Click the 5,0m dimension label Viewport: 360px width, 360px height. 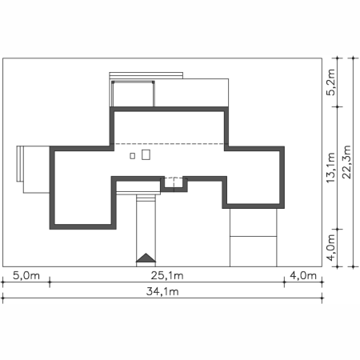(26, 275)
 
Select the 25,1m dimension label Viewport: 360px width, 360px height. (167, 275)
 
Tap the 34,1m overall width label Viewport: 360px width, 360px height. (162, 291)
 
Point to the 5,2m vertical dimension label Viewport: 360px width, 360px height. (330, 82)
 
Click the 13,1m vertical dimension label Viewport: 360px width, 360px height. (330, 168)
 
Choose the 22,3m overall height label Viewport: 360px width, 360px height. (346, 162)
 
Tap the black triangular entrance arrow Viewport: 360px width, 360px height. (146, 258)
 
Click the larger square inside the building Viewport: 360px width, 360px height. (146, 154)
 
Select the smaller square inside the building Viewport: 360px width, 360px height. (132, 156)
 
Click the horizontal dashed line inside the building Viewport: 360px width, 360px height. (169, 144)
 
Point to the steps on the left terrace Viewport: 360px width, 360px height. (20, 164)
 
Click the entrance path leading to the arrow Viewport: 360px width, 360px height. (146, 230)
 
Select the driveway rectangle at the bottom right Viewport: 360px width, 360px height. (254, 238)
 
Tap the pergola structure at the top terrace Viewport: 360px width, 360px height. (133, 94)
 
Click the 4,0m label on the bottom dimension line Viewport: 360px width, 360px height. (303, 275)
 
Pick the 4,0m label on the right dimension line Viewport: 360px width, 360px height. (330, 248)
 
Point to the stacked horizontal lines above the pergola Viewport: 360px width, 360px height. (146, 75)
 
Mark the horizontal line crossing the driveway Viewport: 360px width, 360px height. (254, 236)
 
